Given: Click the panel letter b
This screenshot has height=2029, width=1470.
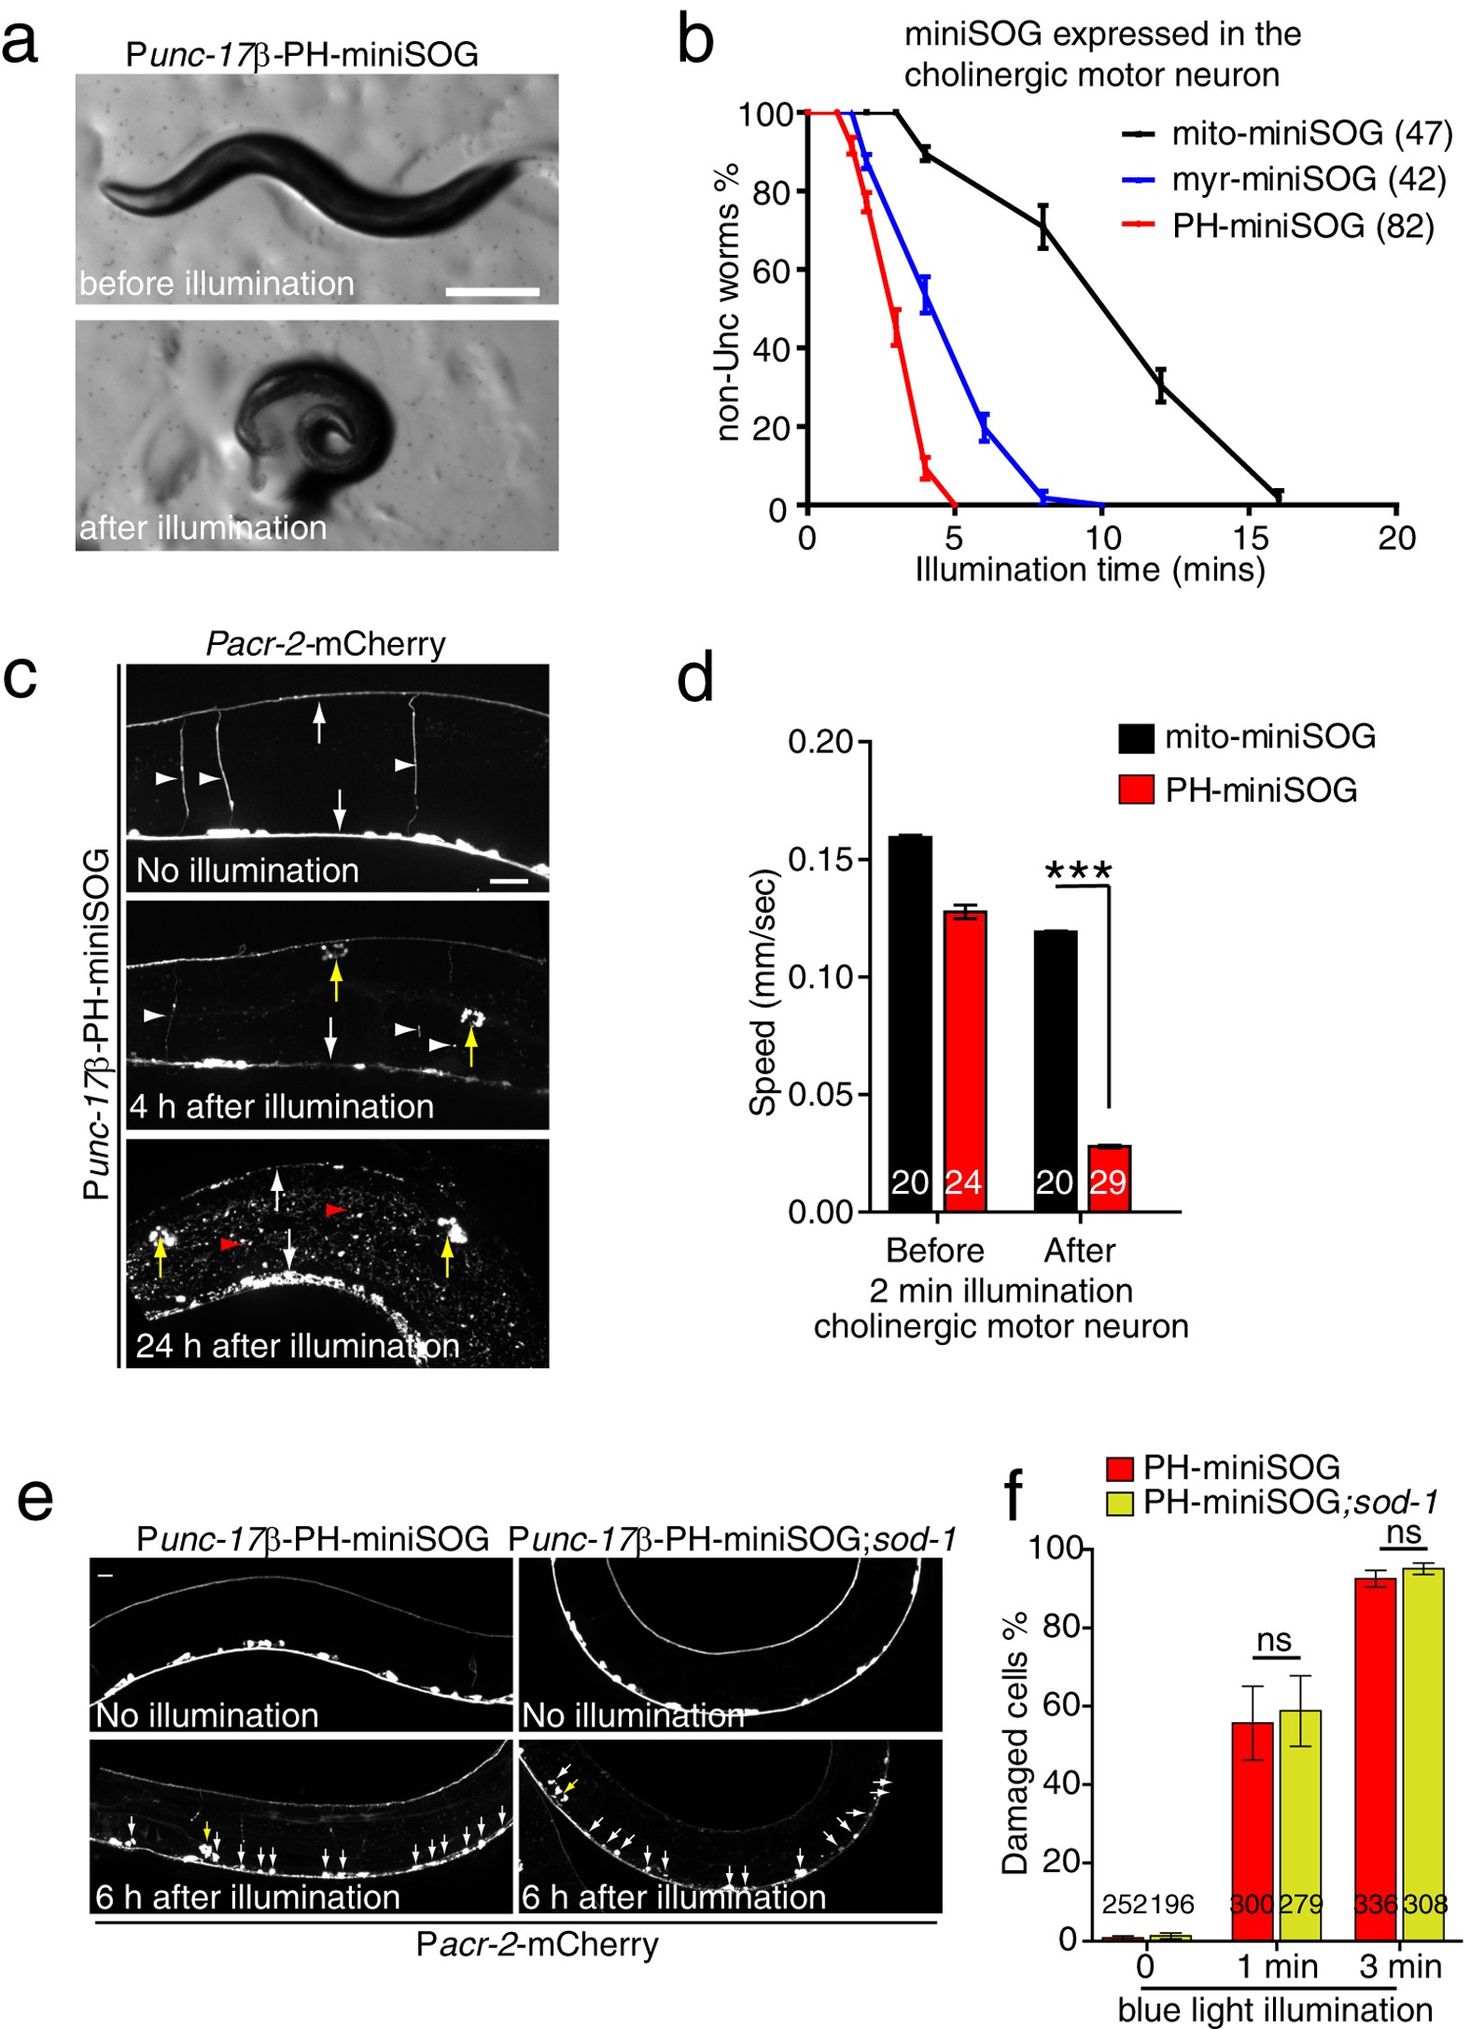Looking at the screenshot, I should (x=695, y=41).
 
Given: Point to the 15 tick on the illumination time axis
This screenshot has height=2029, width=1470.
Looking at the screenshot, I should (x=1250, y=538).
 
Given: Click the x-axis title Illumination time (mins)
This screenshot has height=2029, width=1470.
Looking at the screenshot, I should (x=1090, y=569).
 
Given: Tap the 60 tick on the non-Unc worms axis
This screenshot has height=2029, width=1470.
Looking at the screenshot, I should (x=770, y=272).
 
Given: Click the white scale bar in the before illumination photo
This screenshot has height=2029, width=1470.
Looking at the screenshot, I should (x=492, y=292).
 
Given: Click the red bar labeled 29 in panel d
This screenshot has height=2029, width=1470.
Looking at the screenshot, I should (x=1109, y=1178).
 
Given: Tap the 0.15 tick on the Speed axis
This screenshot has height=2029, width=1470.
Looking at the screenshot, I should (x=819, y=860).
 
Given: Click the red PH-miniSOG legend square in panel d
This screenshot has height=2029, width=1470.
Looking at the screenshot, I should (x=1136, y=790).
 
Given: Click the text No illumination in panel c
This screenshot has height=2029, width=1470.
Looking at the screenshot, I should (x=247, y=871).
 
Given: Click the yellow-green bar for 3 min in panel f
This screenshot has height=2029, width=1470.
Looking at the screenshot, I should (x=1422, y=1755).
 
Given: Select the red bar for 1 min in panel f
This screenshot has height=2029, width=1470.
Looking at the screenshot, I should (x=1253, y=1829).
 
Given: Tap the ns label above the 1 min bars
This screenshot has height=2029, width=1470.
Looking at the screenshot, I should (x=1274, y=1640).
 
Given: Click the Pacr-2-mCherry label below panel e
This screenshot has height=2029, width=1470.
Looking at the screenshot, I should (x=537, y=1944).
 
